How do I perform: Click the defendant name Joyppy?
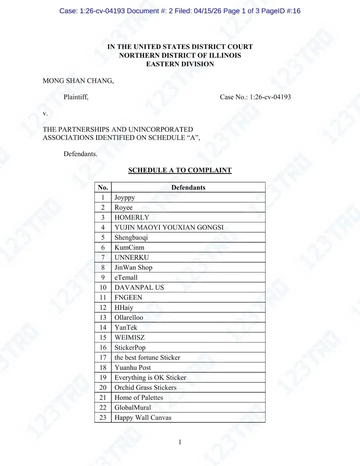tap(125, 197)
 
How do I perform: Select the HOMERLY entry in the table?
tap(132, 217)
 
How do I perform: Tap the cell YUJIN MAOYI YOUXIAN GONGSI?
tap(169, 227)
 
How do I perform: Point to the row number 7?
tap(103, 258)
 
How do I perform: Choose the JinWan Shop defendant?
tap(133, 268)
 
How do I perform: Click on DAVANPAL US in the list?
tap(139, 288)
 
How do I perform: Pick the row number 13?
tap(103, 318)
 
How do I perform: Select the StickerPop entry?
tap(130, 348)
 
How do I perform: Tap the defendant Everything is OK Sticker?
tap(150, 378)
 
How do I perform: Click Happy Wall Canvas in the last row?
tap(143, 418)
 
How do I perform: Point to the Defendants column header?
tap(188, 187)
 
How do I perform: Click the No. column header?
tap(103, 187)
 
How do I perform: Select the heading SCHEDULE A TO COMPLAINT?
tap(180, 170)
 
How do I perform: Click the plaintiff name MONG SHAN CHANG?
tap(78, 81)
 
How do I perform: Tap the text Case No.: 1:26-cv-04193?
tap(255, 97)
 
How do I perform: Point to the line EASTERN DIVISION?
tap(180, 64)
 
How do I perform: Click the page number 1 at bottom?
tap(180, 442)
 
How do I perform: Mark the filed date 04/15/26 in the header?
tap(207, 11)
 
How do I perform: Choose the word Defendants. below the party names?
tap(80, 154)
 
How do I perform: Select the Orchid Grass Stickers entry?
tap(145, 388)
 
